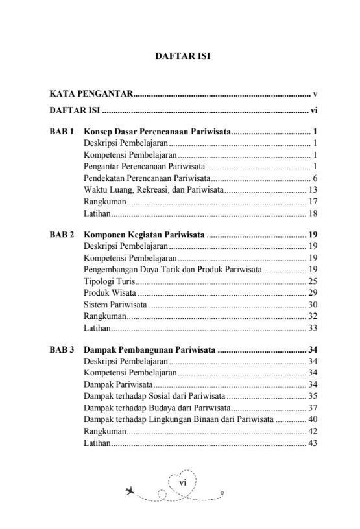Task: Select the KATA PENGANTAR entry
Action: [91, 95]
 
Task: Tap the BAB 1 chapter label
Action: [62, 131]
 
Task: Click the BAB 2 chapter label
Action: [62, 234]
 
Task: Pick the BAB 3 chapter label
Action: [62, 350]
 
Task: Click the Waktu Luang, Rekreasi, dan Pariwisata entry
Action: [154, 189]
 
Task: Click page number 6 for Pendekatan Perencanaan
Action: [314, 178]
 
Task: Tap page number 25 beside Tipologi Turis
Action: [312, 281]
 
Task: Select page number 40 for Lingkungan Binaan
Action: [312, 419]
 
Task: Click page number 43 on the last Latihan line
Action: [312, 443]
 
